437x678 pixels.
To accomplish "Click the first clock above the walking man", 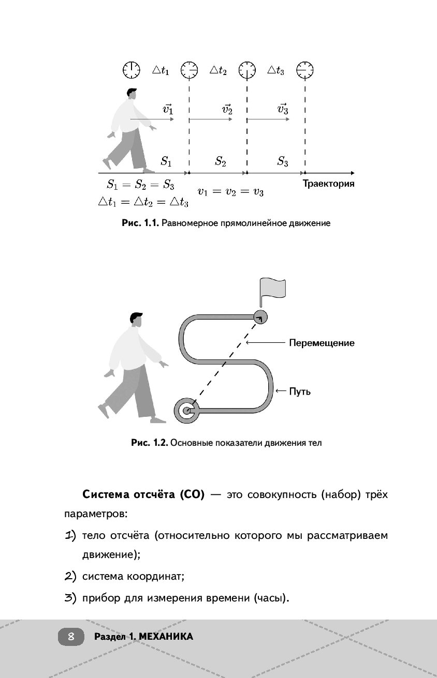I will click(132, 69).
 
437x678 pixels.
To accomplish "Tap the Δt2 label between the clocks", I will click(218, 70).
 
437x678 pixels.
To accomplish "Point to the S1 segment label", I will click(166, 161).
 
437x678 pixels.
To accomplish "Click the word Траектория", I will click(328, 184).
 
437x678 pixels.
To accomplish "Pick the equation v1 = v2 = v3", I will click(230, 192).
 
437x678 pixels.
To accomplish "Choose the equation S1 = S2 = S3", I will click(140, 184).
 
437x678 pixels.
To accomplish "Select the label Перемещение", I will click(322, 342).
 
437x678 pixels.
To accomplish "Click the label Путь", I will click(300, 391).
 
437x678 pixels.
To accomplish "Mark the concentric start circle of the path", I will click(185, 411).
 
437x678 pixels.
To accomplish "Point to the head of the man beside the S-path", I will click(136, 320).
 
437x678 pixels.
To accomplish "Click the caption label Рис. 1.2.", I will click(150, 443).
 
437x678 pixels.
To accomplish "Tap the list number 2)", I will click(71, 576).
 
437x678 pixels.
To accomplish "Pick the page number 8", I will click(71, 637).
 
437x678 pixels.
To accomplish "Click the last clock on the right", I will click(305, 69).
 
